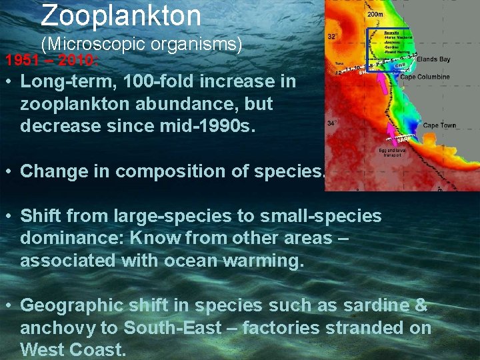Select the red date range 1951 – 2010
coord(52,61)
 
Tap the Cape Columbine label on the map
coord(425,77)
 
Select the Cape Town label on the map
coord(439,125)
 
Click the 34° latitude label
coord(331,123)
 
